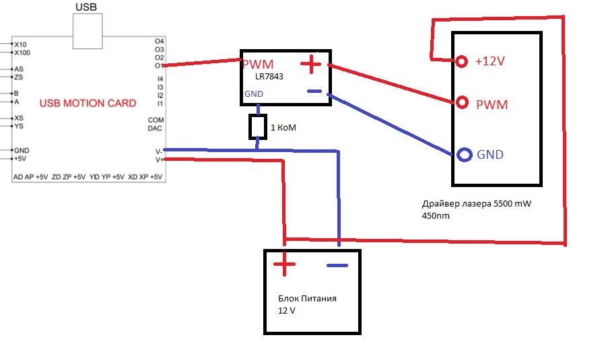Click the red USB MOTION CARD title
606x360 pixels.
click(x=88, y=104)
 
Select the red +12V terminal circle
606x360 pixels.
click(x=462, y=61)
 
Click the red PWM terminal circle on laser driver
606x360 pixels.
click(x=462, y=103)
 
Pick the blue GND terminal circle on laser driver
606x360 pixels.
click(x=464, y=155)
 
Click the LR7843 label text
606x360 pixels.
click(x=269, y=77)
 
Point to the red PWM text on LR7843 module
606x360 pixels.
click(x=258, y=65)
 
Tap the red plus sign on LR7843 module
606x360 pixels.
click(x=310, y=65)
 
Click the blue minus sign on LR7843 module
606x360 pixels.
click(x=314, y=92)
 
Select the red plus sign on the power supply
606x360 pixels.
click(x=284, y=264)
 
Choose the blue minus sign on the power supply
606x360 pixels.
click(x=337, y=265)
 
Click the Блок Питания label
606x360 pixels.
click(x=307, y=299)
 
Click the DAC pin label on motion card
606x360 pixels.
click(x=156, y=128)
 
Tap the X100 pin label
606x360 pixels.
click(x=22, y=52)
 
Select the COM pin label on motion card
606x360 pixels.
click(x=156, y=120)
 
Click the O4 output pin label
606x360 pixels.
click(x=159, y=41)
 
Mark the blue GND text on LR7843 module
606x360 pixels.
click(x=254, y=94)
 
